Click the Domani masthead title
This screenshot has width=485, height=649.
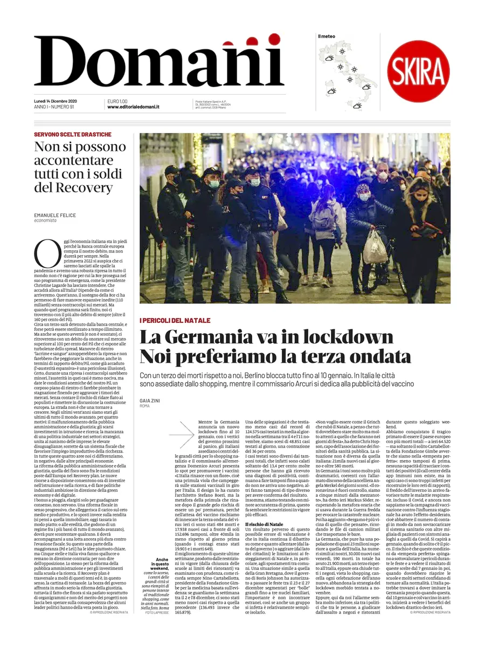(159, 62)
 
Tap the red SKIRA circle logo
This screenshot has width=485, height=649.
(418, 72)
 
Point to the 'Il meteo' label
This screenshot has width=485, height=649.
(326, 36)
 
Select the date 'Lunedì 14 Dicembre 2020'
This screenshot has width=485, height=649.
(56, 101)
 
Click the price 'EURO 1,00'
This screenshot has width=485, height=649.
(117, 101)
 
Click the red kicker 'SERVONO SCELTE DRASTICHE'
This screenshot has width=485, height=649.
(73, 135)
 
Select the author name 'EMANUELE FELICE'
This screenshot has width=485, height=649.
(54, 215)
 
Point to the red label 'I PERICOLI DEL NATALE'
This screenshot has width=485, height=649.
(175, 321)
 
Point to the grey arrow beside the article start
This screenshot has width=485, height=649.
(181, 434)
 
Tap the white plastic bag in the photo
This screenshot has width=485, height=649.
(375, 247)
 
